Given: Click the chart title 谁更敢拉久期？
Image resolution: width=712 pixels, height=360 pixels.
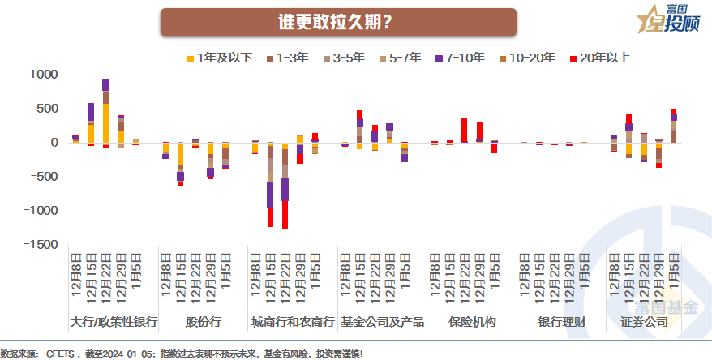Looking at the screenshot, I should coord(338,22).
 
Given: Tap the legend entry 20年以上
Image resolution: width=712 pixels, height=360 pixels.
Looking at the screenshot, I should coord(600,58).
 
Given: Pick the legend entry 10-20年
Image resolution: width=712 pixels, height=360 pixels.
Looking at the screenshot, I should coord(527,58).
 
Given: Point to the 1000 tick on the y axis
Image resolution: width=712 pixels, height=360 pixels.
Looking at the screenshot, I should coord(40,75).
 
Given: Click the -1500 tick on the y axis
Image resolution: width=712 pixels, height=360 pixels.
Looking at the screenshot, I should coord(37,245).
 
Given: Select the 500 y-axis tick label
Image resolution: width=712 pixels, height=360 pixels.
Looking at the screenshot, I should coord(44,109).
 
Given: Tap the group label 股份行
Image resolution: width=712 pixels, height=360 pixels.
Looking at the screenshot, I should coord(203,322).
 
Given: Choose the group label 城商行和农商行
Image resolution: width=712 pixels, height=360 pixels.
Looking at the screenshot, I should coord(293,322).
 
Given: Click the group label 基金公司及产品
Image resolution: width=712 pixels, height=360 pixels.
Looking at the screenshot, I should coord(383,322).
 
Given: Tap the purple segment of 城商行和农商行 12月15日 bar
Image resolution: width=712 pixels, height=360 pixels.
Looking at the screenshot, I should coord(270,195).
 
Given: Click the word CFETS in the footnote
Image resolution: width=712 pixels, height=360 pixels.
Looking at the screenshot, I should coord(58,354).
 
